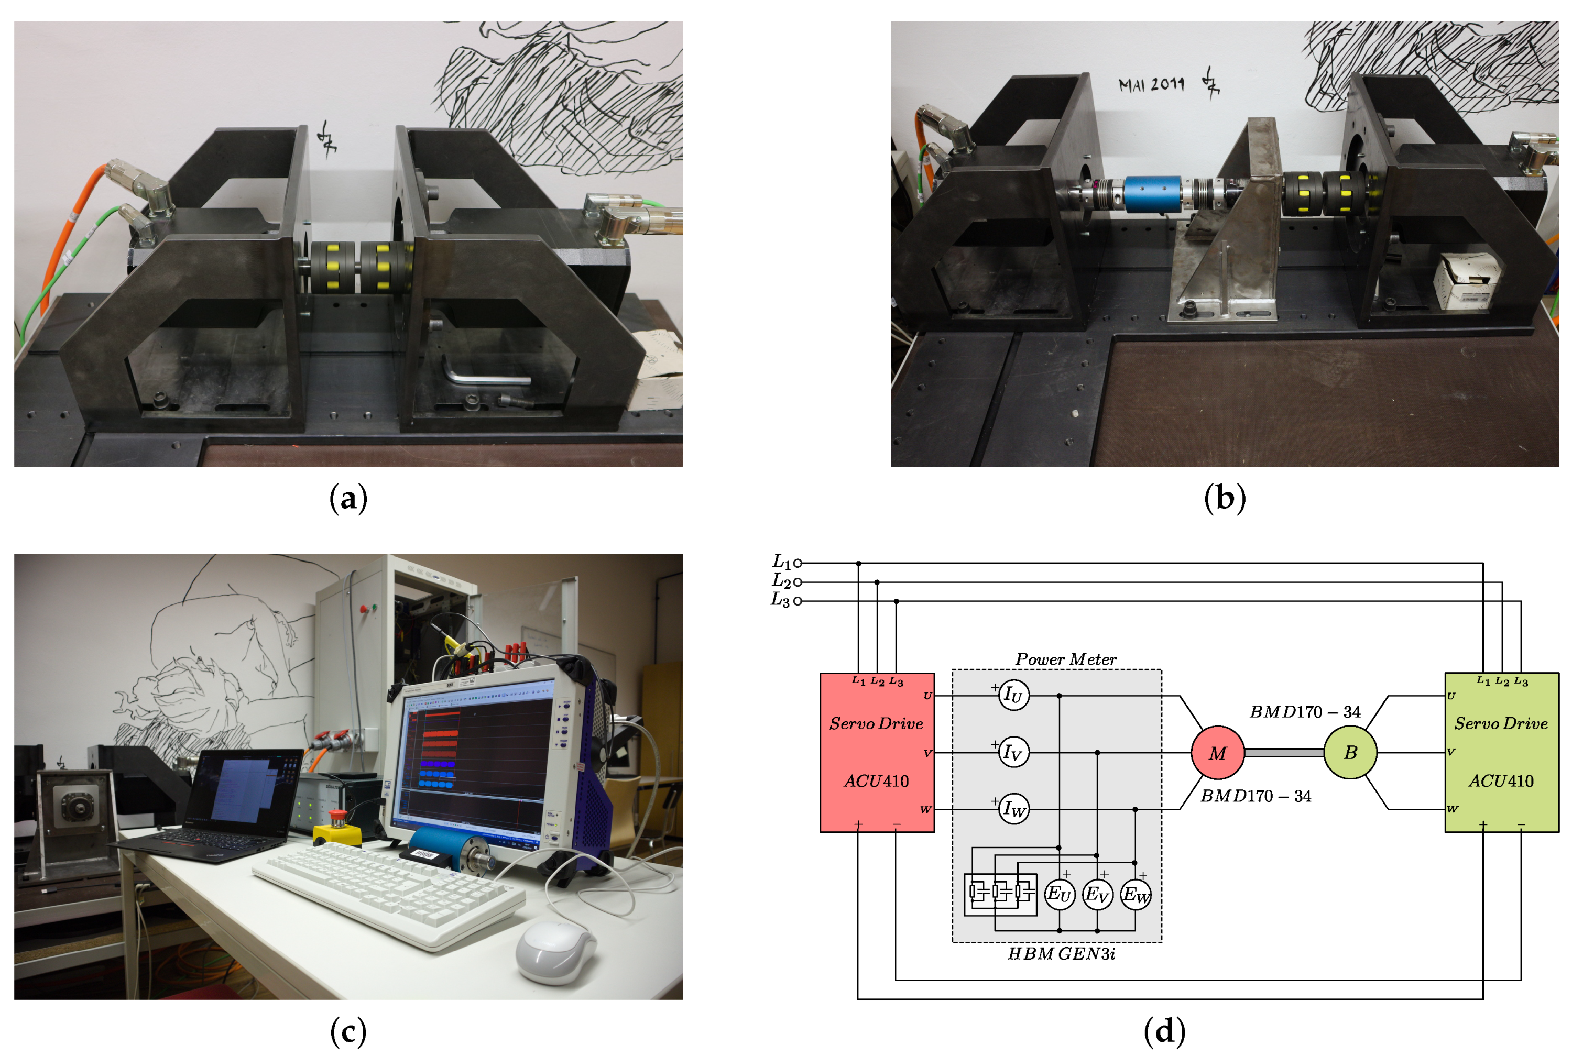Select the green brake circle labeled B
coord(1349,752)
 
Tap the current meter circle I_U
coord(1013,695)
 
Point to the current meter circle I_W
coord(1013,808)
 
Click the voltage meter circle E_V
coord(1097,895)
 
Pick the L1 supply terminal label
coord(781,562)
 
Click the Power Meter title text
coord(1065,659)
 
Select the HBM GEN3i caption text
coord(1061,954)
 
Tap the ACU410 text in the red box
coord(876,781)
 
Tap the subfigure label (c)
coord(348,1031)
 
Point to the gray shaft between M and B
coord(1283,752)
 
